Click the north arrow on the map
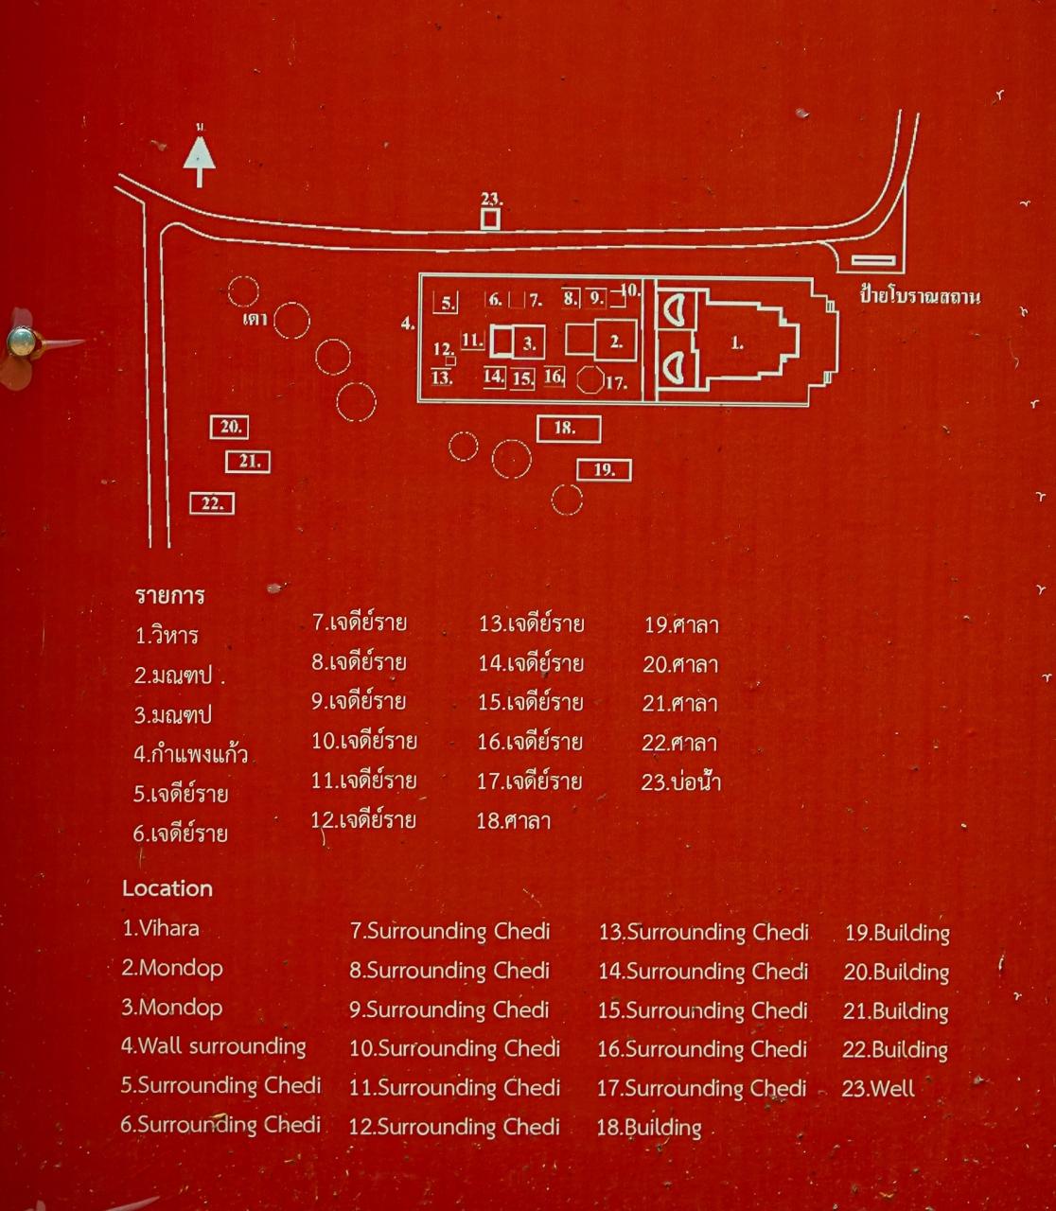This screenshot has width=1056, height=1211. [199, 161]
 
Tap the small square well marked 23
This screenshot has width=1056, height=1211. [489, 219]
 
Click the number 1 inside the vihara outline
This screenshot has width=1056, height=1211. [737, 342]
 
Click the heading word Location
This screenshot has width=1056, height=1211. [167, 888]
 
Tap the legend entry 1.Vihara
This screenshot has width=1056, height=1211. [161, 928]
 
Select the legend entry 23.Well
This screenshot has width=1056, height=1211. [878, 1088]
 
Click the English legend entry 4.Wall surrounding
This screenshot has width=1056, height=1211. [214, 1046]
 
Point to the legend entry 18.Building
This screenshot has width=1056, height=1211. [649, 1128]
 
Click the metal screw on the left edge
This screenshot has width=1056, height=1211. [22, 342]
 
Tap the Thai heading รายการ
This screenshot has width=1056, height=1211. [170, 595]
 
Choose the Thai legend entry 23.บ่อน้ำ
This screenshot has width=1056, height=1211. [681, 781]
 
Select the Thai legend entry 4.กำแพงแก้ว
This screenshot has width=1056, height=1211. [190, 753]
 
